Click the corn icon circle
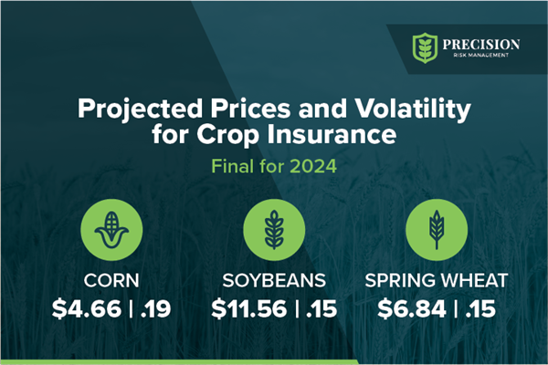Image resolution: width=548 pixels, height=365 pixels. click(109, 228)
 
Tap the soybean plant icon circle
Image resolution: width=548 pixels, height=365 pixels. click(273, 228)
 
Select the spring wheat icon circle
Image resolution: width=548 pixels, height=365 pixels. click(437, 228)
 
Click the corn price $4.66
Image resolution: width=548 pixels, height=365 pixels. click(85, 309)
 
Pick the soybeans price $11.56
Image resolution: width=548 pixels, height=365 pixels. click(244, 309)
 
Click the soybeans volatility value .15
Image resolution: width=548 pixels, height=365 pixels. click(319, 309)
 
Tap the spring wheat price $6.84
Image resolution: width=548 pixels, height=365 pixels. click(412, 309)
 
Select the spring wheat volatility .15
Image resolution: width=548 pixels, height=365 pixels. click(479, 309)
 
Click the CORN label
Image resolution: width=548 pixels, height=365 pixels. click(109, 280)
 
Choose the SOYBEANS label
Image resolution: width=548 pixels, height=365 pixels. click(273, 280)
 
